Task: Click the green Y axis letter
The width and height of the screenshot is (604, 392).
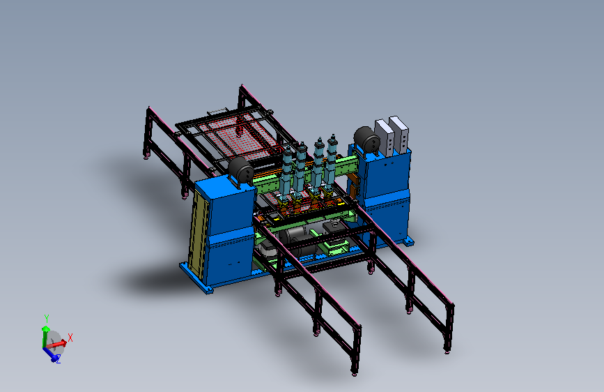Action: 46,318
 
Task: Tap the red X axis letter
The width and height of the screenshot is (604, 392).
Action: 70,338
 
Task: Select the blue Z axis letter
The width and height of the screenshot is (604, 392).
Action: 58,360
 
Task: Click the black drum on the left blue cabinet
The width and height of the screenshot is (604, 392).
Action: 241,170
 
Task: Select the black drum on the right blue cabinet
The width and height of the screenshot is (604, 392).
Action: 366,140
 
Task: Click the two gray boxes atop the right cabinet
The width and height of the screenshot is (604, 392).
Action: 392,136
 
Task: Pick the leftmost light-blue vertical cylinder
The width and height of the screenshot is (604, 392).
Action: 287,169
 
